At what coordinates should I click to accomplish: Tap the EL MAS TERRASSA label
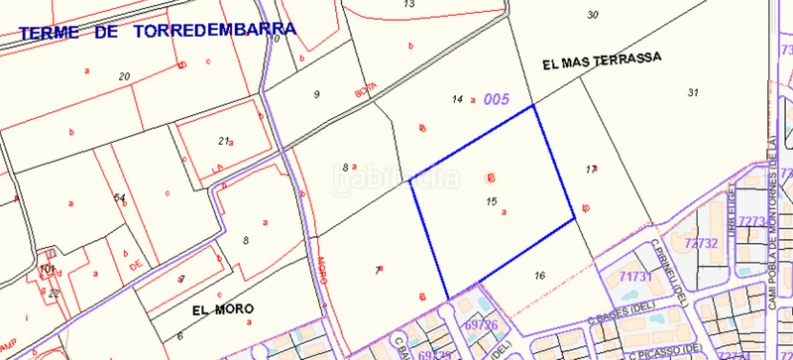coord(602,60)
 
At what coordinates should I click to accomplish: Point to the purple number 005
coord(496,99)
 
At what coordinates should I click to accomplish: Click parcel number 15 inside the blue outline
coord(492,201)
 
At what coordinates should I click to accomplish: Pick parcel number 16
coord(539,275)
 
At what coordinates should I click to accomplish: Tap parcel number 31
coord(692,92)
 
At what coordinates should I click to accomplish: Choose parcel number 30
coord(593,15)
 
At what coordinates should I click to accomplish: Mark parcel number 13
coord(408,4)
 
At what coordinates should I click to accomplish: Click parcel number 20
coord(124,76)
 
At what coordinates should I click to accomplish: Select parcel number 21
coord(224,141)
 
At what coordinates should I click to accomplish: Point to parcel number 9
coord(316,94)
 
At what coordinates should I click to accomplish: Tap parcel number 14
coord(457,99)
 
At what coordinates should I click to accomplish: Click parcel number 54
coord(119,198)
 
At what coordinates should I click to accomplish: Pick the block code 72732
coord(701,242)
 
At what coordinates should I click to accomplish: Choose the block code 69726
coord(480,323)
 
